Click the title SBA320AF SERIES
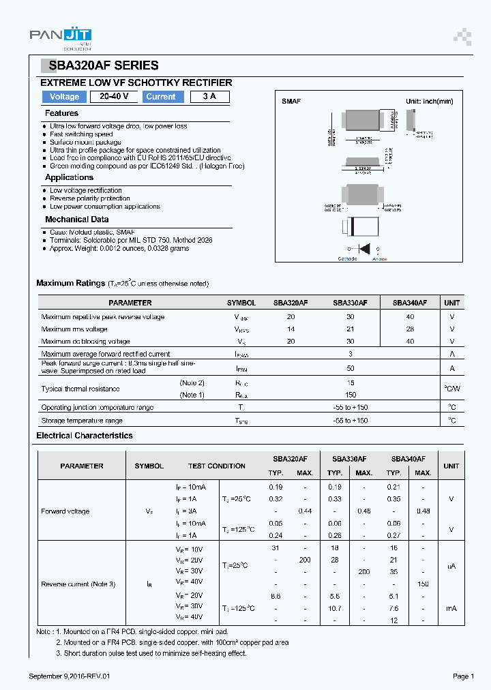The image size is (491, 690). coord(102,65)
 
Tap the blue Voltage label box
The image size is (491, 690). coord(65,97)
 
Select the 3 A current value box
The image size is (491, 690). coord(209,97)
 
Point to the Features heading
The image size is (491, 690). coord(61,113)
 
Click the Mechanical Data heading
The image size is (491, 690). coord(76,220)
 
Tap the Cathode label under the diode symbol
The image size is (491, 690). coord(347,259)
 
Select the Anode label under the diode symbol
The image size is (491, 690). coord(379,259)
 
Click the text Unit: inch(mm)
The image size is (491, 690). coord(430,101)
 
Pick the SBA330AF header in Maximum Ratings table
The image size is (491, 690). coord(350,303)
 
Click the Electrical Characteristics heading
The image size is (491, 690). coord(85,436)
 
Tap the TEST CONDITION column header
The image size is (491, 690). coord(216,466)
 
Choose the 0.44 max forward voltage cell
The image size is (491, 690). coord(305,511)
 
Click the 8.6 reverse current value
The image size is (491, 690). coord(276,596)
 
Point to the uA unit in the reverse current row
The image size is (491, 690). coord(451,566)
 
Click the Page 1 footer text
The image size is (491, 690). coord(462,676)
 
